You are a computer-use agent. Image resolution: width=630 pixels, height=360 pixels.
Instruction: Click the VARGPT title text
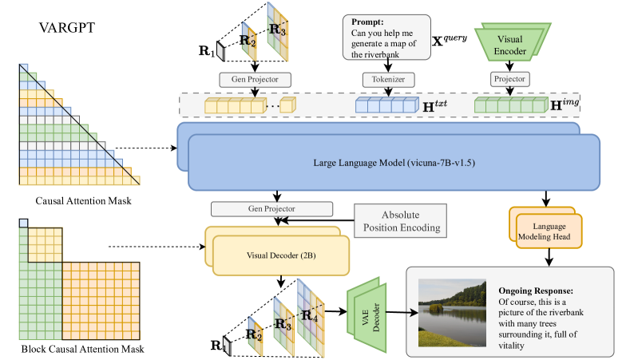[68, 30]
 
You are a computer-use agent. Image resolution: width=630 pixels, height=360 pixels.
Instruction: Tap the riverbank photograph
[452, 312]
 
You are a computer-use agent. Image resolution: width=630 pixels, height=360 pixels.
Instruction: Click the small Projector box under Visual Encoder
[510, 81]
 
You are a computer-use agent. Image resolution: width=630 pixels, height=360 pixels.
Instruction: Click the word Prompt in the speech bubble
[369, 22]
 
